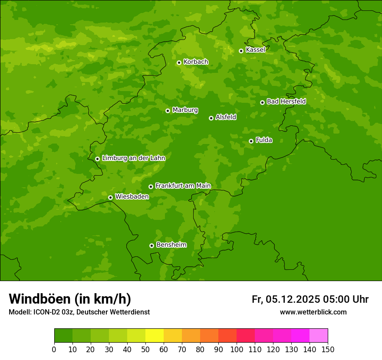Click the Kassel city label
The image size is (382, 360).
pos(255,50)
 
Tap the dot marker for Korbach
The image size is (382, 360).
pos(179,62)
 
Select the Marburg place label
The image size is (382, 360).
pos(185,110)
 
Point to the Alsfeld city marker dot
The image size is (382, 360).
pos(211,118)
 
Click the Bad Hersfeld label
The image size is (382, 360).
pos(286,101)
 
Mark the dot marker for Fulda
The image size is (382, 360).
pos(251,141)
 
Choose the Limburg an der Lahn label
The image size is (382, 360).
pos(133,158)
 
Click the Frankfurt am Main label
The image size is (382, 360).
pos(183,186)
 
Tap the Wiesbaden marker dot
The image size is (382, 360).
pos(110,197)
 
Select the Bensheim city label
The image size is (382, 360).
pos(171,245)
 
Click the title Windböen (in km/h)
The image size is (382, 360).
pos(70,299)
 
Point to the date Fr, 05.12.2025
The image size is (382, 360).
pos(286,299)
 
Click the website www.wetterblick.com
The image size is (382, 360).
pos(313,312)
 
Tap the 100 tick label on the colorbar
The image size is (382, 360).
pos(237,349)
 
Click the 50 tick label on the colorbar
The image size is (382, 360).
pos(145,349)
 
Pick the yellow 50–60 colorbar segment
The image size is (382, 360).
pos(155,336)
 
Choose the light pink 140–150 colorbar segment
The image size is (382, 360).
pos(319,336)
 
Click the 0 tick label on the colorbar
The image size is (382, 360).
pos(54,349)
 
